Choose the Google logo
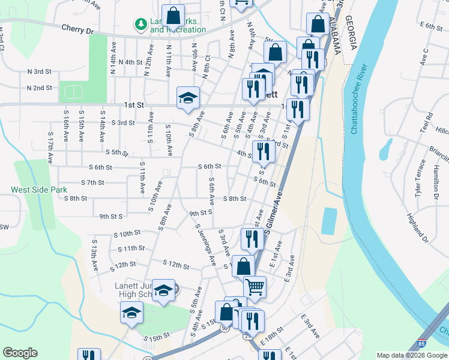[x=20, y=353]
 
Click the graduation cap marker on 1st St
[x=188, y=97]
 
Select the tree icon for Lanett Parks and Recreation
[x=140, y=24]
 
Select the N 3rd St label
[x=40, y=71]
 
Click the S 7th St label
[x=92, y=182]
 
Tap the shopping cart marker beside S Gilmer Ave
[x=255, y=288]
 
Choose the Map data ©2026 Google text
[x=411, y=355]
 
